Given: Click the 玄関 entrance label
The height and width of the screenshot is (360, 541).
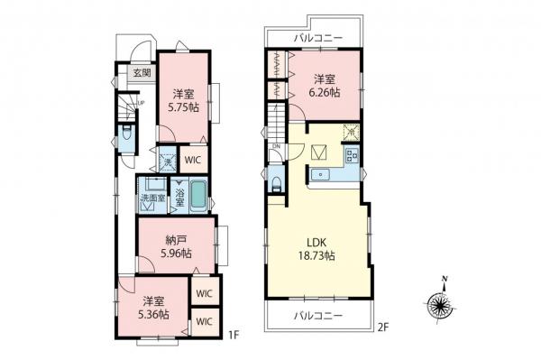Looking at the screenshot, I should coord(141,73).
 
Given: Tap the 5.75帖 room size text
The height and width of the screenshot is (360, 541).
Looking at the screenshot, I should coord(183,105).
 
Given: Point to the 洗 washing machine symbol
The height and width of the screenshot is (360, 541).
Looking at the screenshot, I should coord(168,161).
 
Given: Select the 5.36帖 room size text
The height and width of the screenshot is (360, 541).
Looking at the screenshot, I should coord(152,312).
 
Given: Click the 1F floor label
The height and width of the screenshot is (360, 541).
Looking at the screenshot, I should coord(233,336).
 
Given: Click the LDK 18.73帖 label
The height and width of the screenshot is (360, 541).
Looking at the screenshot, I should coord(317,249).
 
